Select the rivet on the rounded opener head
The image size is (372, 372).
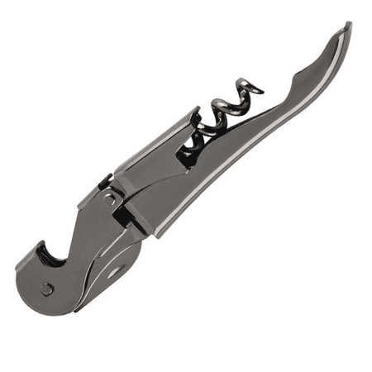pyautogui.click(x=48, y=289)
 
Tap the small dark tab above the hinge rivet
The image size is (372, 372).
pyautogui.click(x=104, y=181)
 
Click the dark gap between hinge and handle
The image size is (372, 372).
pyautogui.click(x=124, y=216)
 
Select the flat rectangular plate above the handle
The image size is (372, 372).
pyautogui.click(x=149, y=161)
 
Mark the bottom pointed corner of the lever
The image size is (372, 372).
pyautogui.click(x=79, y=311)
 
